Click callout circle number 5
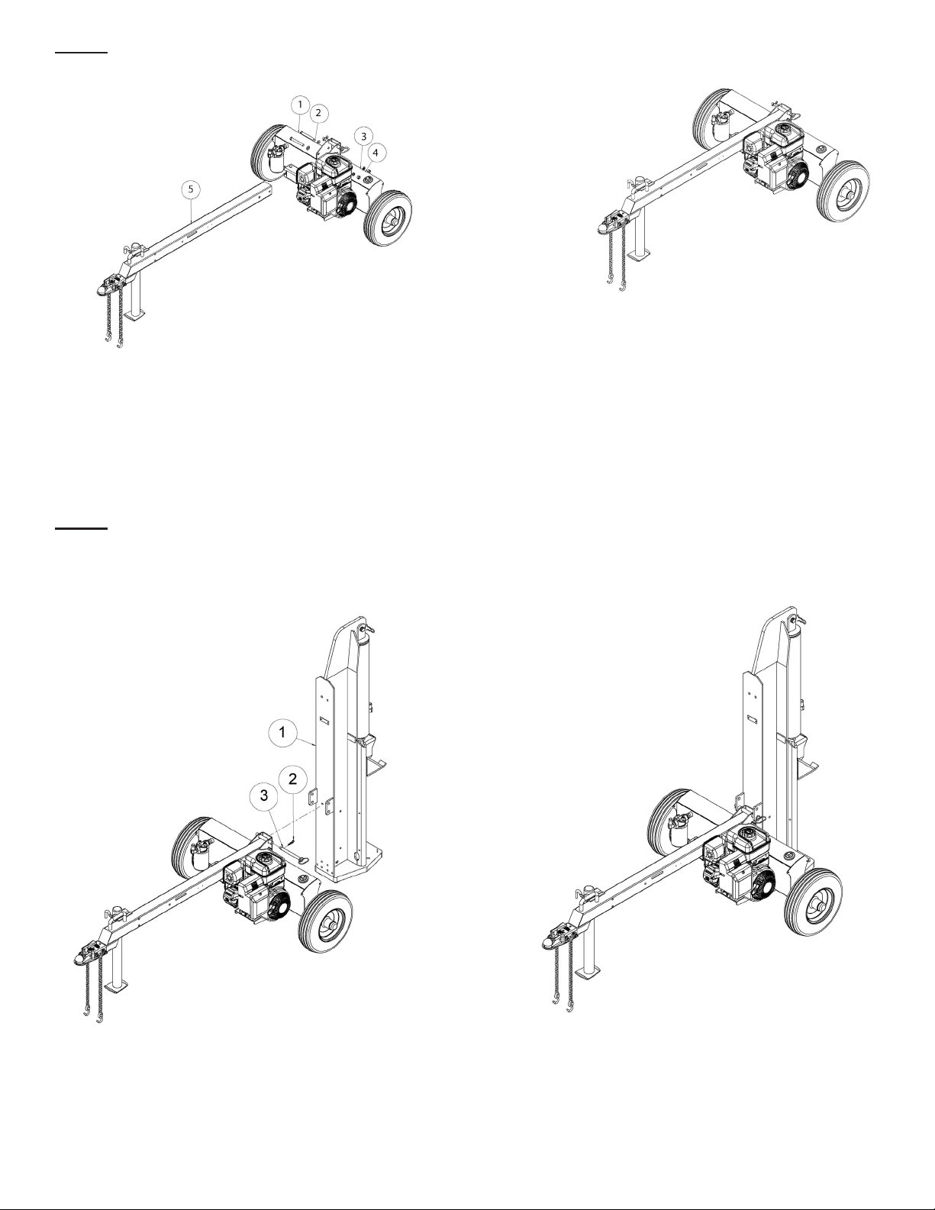coord(191,189)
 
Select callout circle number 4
coord(376,152)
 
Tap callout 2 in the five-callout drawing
coord(318,113)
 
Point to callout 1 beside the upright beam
coord(283,732)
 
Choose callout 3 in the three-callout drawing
coord(264,795)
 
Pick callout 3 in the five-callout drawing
coord(363,136)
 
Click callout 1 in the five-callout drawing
coord(300,104)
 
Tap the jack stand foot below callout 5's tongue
coord(134,316)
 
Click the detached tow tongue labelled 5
coord(189,234)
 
